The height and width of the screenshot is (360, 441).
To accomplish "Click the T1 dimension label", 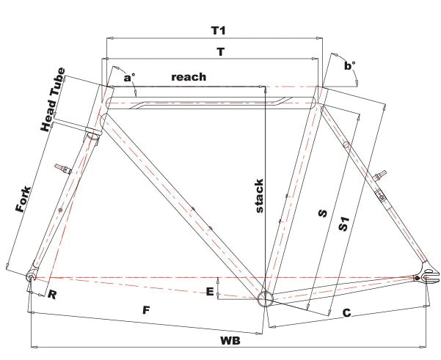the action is click(x=219, y=30).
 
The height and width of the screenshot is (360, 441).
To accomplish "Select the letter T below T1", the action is click(x=221, y=52).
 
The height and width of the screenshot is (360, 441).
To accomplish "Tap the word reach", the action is click(x=189, y=77).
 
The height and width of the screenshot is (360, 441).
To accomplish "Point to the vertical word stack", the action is click(x=260, y=196).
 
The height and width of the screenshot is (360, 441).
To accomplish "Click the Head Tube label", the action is click(x=53, y=100).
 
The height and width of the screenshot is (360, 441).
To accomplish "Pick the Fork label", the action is click(x=23, y=199).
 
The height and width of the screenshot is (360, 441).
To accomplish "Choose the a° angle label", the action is click(x=129, y=77).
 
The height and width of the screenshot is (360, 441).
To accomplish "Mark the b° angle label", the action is click(x=349, y=65).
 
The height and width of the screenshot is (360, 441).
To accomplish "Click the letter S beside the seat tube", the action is click(x=323, y=213).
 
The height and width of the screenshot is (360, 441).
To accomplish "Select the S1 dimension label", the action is click(x=343, y=224).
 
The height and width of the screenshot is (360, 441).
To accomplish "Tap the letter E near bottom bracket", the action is click(x=210, y=292).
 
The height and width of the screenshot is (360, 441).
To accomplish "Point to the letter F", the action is click(x=146, y=310).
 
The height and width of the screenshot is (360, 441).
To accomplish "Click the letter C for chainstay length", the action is click(x=347, y=312).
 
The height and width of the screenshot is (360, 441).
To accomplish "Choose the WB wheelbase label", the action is click(x=230, y=341).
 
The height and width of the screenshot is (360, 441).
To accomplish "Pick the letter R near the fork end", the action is click(x=52, y=295).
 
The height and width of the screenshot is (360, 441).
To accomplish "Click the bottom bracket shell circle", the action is click(x=265, y=298).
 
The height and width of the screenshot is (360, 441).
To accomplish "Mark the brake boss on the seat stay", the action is click(x=379, y=175).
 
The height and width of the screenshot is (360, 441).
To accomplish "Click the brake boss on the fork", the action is click(x=62, y=169).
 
